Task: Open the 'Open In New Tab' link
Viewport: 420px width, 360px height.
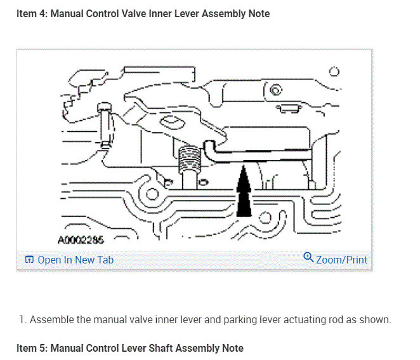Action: [x=75, y=260]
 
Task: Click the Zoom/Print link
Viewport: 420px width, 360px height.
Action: [x=341, y=259]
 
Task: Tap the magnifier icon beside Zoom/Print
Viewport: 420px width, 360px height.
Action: [x=308, y=258]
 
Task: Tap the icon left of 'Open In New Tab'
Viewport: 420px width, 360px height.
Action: [x=29, y=260]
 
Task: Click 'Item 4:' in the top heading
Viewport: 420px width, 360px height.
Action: [x=32, y=13]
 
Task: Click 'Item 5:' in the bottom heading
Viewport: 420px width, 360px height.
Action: [x=32, y=348]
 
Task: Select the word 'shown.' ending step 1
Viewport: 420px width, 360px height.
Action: [x=376, y=319]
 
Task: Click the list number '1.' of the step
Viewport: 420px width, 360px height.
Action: [x=23, y=319]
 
